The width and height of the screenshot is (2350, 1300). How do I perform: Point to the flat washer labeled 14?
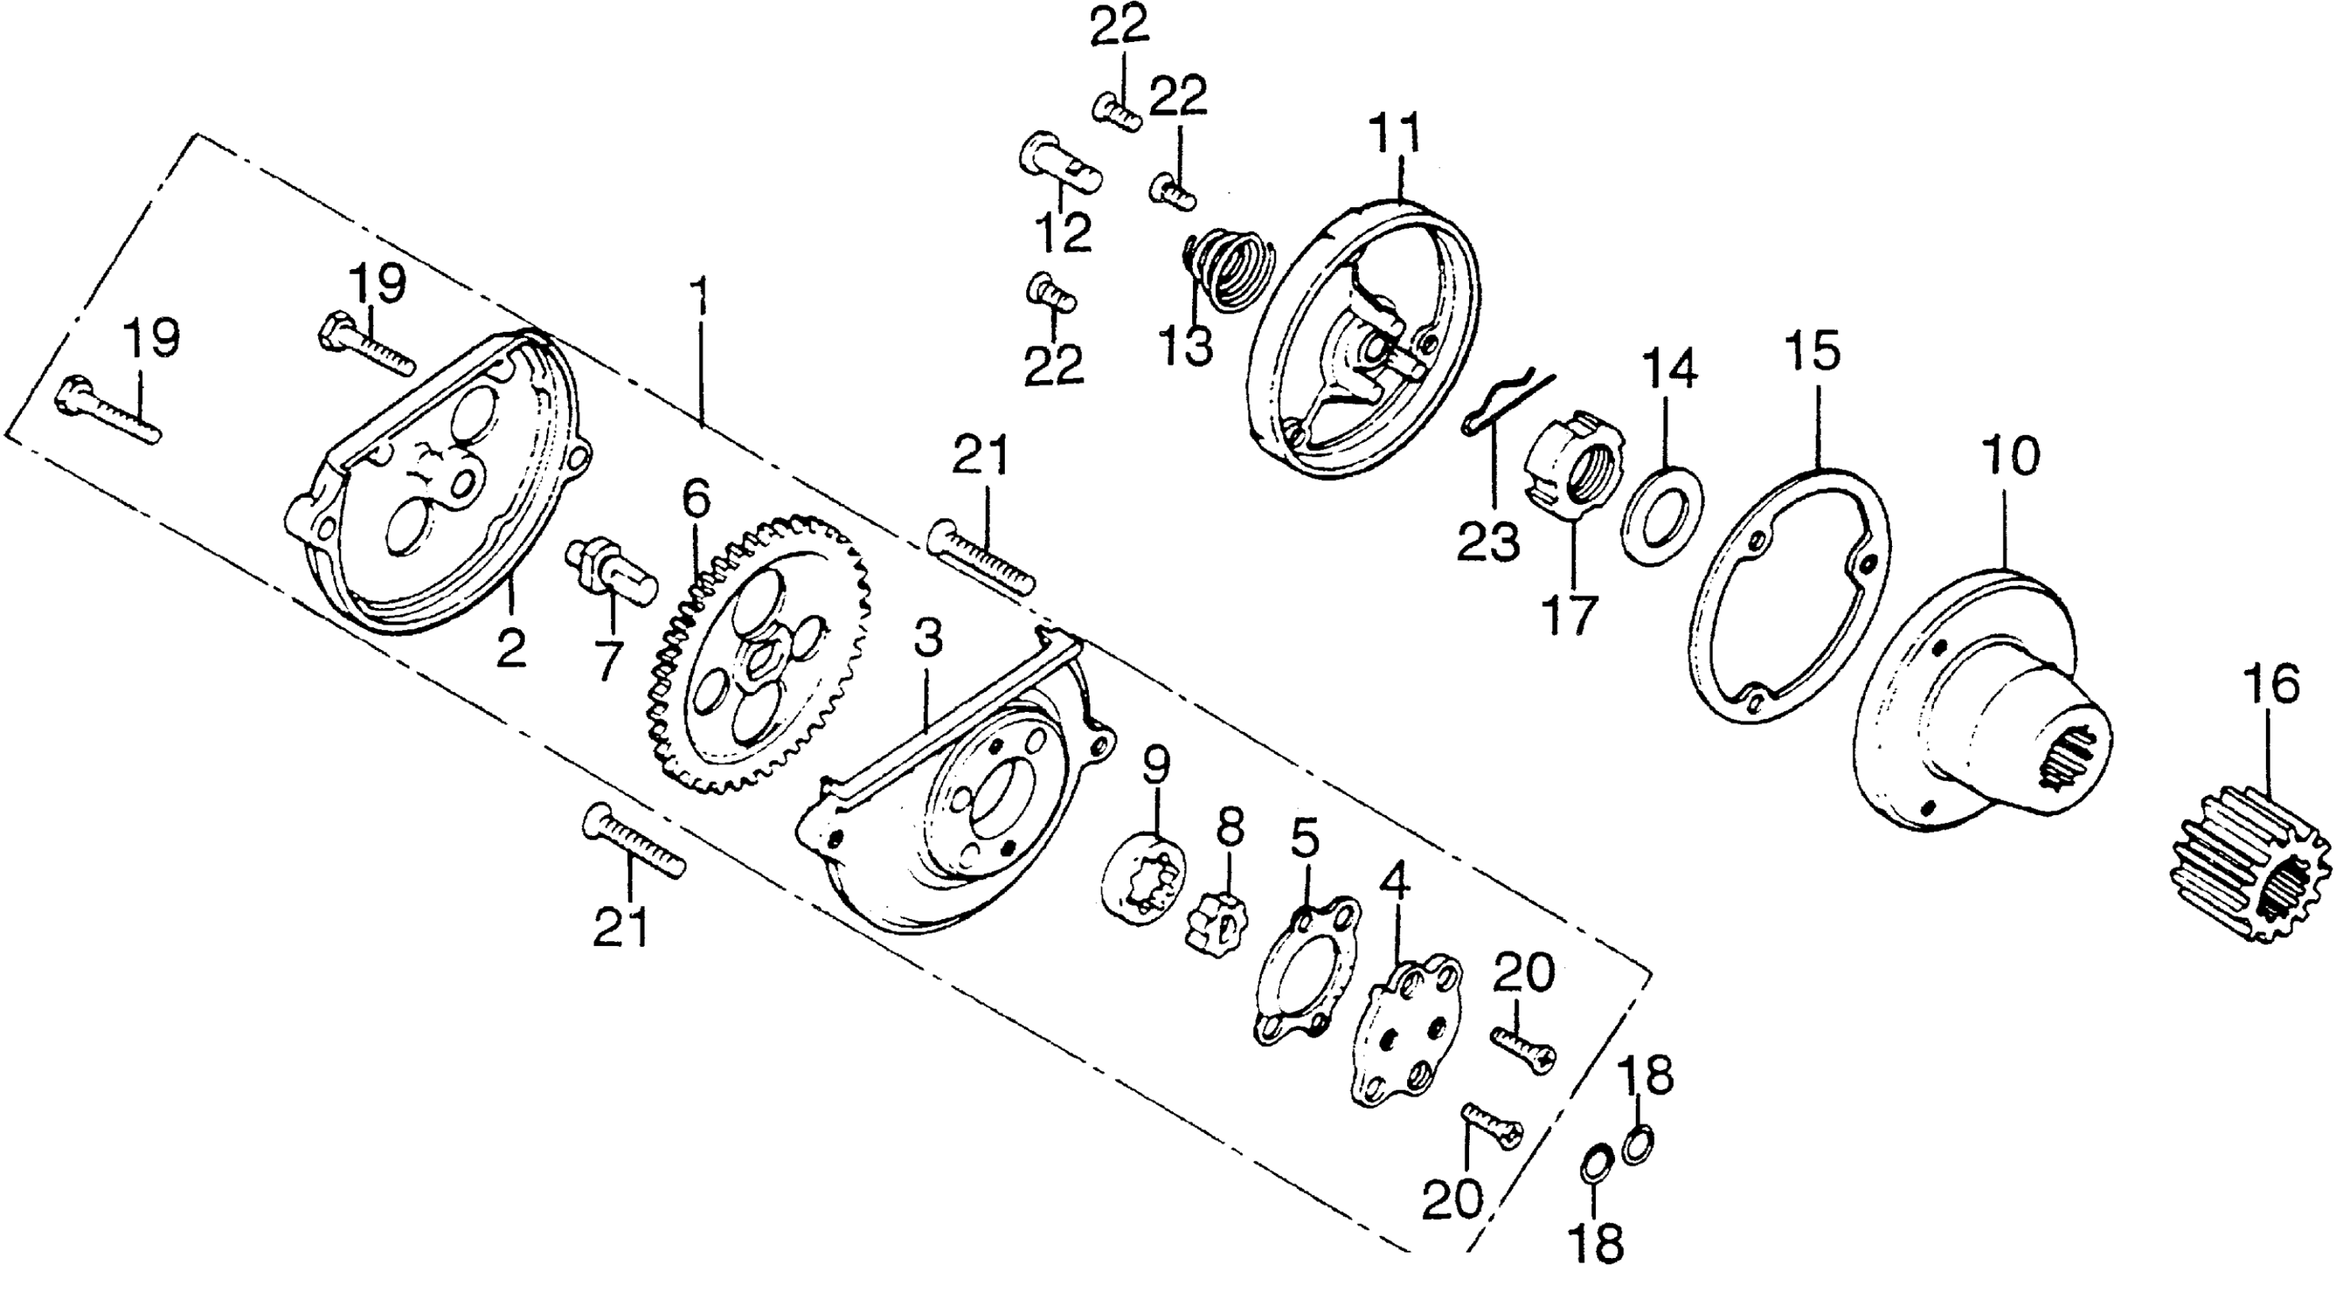[x=1663, y=515]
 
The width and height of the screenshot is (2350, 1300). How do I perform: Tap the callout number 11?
[x=1399, y=135]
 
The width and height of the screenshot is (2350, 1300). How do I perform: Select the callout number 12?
[x=1064, y=233]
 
